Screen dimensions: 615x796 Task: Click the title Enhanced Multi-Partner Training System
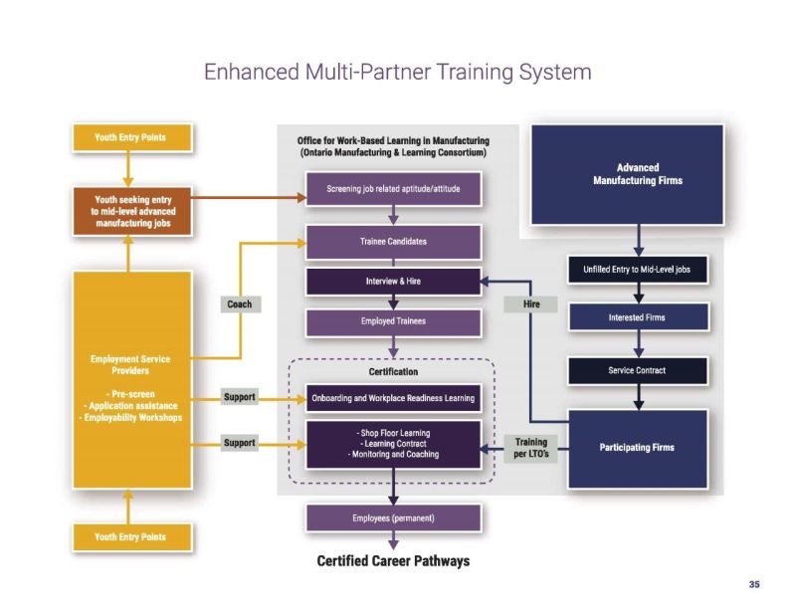(397, 72)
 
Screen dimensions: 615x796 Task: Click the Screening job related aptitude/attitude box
(393, 189)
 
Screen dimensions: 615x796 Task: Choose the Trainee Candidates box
(393, 241)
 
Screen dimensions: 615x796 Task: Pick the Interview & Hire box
(393, 282)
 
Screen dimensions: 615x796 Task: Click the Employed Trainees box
(393, 321)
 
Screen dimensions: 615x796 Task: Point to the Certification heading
(393, 371)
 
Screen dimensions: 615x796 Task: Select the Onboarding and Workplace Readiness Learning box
(393, 398)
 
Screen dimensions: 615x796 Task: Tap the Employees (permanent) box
(393, 517)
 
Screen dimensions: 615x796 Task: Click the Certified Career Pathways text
(393, 561)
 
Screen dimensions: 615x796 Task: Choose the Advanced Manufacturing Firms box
(637, 174)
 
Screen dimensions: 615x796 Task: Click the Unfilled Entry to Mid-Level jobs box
(637, 270)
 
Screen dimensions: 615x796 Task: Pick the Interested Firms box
(637, 317)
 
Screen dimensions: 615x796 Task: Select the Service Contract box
(637, 370)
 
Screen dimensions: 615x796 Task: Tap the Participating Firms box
(637, 447)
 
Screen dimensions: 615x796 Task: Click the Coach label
(239, 305)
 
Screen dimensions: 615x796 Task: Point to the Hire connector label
(531, 305)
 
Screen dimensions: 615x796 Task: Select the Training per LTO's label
(531, 447)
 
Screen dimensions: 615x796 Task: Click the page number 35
(754, 584)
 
